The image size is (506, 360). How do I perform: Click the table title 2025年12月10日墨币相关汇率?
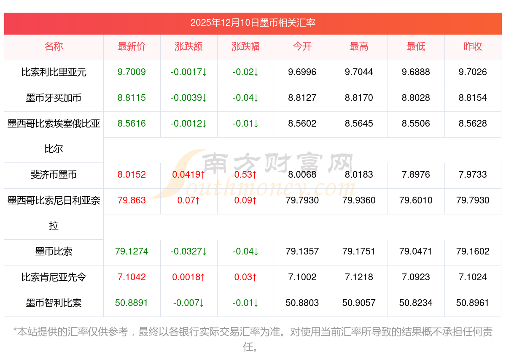pyautogui.click(x=253, y=23)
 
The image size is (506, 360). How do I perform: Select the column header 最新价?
pyautogui.click(x=132, y=46)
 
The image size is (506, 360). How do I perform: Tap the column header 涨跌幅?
pyautogui.click(x=245, y=46)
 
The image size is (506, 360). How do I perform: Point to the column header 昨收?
pyautogui.click(x=473, y=46)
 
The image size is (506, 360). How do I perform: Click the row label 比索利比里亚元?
pyautogui.click(x=54, y=72)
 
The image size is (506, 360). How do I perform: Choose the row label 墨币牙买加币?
pyautogui.click(x=54, y=98)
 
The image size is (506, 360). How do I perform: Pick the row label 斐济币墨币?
pyautogui.click(x=54, y=175)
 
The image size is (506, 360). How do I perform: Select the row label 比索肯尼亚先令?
pyautogui.click(x=54, y=277)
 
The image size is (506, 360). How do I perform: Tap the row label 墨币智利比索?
pyautogui.click(x=54, y=303)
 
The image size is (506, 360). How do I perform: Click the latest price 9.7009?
pyautogui.click(x=132, y=72)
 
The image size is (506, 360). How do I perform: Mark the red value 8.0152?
pyautogui.click(x=132, y=175)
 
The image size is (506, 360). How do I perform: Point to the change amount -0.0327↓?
pyautogui.click(x=188, y=252)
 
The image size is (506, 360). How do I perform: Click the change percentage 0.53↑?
pyautogui.click(x=245, y=175)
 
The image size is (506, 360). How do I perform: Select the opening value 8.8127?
pyautogui.click(x=302, y=98)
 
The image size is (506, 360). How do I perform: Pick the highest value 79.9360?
pyautogui.click(x=359, y=200)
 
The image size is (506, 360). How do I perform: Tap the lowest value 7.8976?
pyautogui.click(x=416, y=175)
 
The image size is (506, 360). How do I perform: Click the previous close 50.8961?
pyautogui.click(x=473, y=303)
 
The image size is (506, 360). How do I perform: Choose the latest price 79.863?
pyautogui.click(x=132, y=200)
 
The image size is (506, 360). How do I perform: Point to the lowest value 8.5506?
pyautogui.click(x=416, y=124)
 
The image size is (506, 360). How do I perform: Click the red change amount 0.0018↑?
pyautogui.click(x=188, y=277)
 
